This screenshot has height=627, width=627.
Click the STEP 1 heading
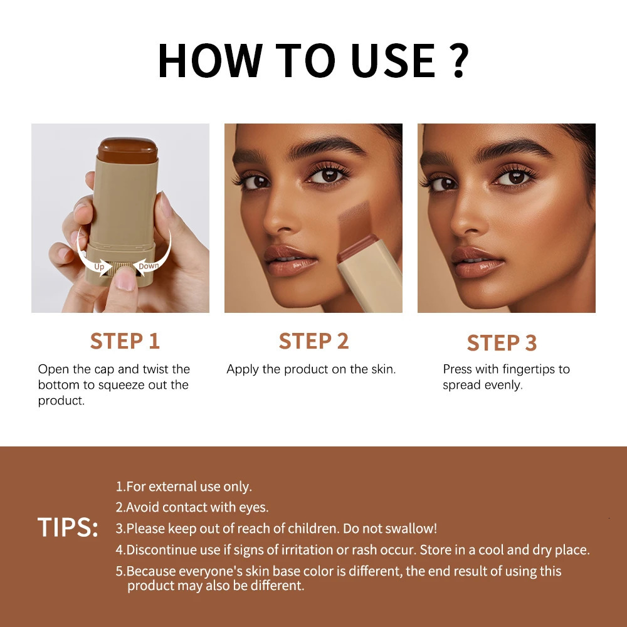pos(125,341)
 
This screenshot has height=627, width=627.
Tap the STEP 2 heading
pos(313,341)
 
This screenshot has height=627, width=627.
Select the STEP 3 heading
pos(502,343)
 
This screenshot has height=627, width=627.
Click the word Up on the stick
pos(99,266)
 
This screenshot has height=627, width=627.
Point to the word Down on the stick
pos(149,266)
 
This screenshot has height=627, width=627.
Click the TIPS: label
pos(68,528)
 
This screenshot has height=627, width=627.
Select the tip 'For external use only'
pos(184,487)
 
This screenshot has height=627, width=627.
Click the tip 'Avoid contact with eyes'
pos(192,507)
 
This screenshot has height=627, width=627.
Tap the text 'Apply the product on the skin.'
pos(311,369)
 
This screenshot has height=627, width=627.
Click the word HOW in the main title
pos(211,61)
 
